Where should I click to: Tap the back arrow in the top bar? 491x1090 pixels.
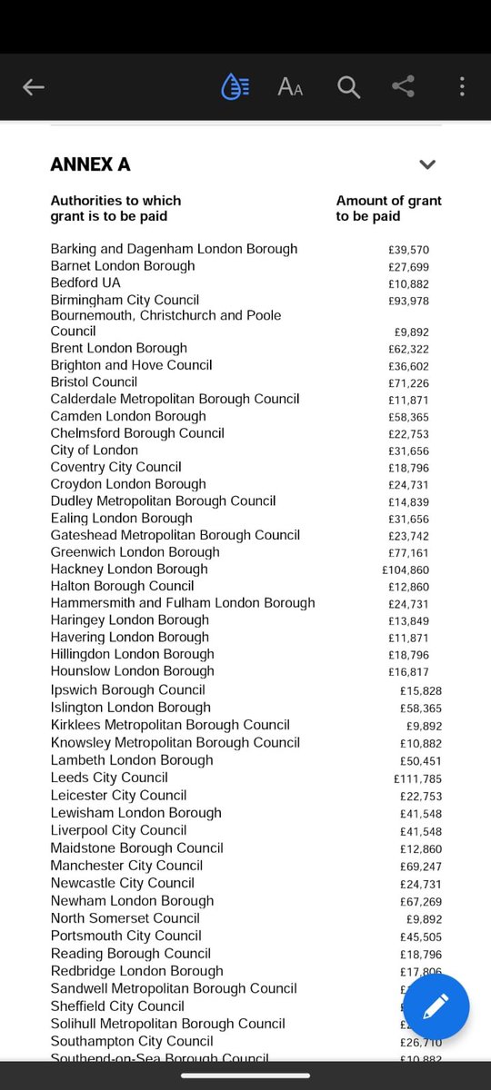34,87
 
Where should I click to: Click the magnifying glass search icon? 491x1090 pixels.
348,87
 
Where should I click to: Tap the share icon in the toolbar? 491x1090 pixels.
403,87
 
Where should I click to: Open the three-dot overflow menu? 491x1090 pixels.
462,87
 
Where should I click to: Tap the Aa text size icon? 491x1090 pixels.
290,87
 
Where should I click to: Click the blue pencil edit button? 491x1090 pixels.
436,1006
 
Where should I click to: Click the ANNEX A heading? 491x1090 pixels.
90,164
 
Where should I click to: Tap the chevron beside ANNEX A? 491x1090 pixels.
427,164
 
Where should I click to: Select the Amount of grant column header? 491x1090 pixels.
388,208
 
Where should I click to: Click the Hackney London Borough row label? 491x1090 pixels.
129,570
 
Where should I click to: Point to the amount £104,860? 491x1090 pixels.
404,570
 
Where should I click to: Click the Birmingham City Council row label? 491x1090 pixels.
125,300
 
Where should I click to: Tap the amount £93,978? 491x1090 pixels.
407,301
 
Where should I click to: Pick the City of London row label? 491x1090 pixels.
95,451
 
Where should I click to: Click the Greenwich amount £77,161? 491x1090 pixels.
407,553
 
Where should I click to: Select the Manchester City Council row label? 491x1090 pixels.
126,866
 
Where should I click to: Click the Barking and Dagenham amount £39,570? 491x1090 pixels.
407,250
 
